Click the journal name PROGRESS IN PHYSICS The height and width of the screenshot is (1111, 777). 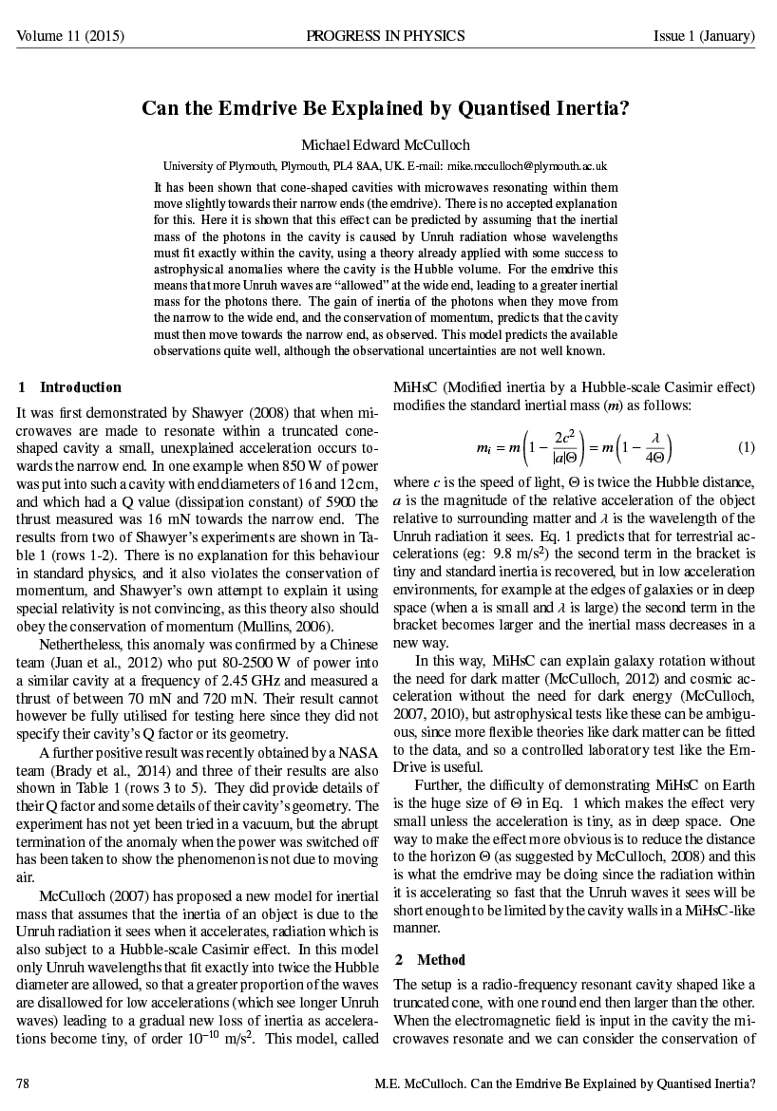(x=386, y=36)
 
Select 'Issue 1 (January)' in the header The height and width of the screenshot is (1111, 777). (x=704, y=36)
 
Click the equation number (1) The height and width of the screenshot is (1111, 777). (x=746, y=447)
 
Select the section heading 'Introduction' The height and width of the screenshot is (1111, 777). (x=81, y=387)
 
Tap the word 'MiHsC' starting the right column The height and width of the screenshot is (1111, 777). (x=417, y=387)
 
